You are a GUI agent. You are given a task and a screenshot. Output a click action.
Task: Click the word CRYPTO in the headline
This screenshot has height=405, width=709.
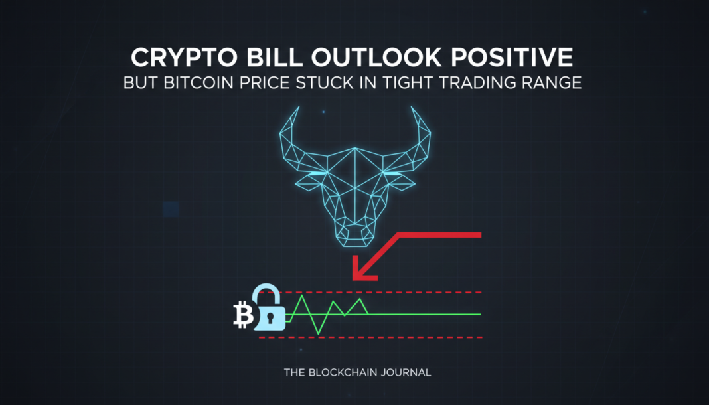click(175, 58)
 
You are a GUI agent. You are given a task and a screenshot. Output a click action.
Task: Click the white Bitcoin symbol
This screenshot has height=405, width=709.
click(244, 315)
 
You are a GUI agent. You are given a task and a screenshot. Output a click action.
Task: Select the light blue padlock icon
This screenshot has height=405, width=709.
click(269, 309)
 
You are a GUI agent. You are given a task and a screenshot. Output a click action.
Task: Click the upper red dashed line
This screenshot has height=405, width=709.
click(398, 292)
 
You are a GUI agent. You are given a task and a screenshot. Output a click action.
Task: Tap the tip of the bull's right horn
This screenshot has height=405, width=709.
click(415, 108)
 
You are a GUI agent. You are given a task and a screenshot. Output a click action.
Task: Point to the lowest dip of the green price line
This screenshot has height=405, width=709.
click(317, 333)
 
